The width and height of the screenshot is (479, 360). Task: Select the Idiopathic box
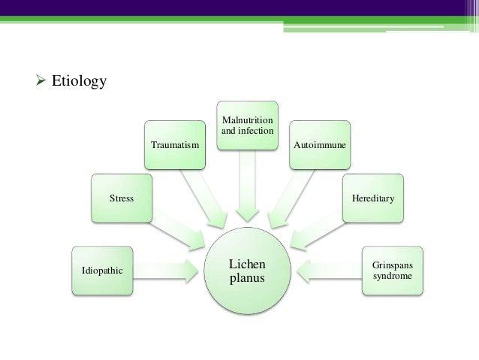(x=102, y=269)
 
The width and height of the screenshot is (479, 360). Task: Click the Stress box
(x=122, y=199)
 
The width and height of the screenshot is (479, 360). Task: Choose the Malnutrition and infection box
(x=247, y=126)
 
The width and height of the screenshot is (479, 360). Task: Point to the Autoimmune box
(x=320, y=144)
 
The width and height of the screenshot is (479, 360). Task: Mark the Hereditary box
(x=372, y=199)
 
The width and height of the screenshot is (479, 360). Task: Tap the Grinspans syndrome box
(x=392, y=269)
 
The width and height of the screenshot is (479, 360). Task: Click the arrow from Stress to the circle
(x=180, y=231)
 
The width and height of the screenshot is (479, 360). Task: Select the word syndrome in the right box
(x=392, y=276)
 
